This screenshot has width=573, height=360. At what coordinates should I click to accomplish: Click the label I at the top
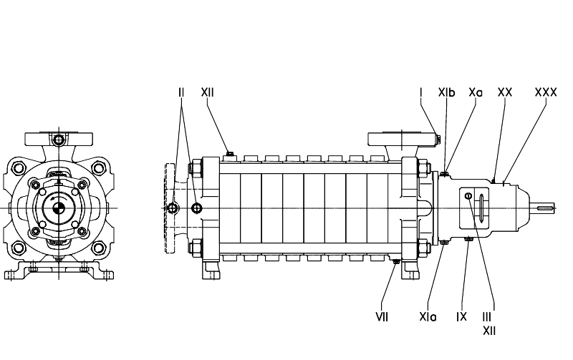[421, 92]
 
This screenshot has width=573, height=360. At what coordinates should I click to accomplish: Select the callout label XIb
[447, 92]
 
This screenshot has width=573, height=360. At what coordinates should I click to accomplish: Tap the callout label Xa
[476, 92]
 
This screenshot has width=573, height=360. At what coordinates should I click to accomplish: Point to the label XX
[504, 92]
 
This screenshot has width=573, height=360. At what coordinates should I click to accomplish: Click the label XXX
[546, 92]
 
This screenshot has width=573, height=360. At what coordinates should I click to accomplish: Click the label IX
[462, 316]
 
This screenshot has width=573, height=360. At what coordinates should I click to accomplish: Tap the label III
[488, 316]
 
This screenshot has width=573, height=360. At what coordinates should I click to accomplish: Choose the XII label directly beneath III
[488, 330]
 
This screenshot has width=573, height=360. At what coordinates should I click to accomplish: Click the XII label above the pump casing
[207, 92]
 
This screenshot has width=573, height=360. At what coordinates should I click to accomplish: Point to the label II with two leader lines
[181, 92]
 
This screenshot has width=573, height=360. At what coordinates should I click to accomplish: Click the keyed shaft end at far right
[545, 208]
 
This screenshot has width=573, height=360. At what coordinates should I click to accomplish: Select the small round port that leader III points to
[468, 196]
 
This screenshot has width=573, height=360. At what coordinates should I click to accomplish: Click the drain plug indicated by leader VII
[396, 263]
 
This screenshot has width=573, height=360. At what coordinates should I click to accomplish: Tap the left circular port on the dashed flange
[173, 208]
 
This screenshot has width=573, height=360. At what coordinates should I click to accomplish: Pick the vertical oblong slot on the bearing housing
[482, 207]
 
